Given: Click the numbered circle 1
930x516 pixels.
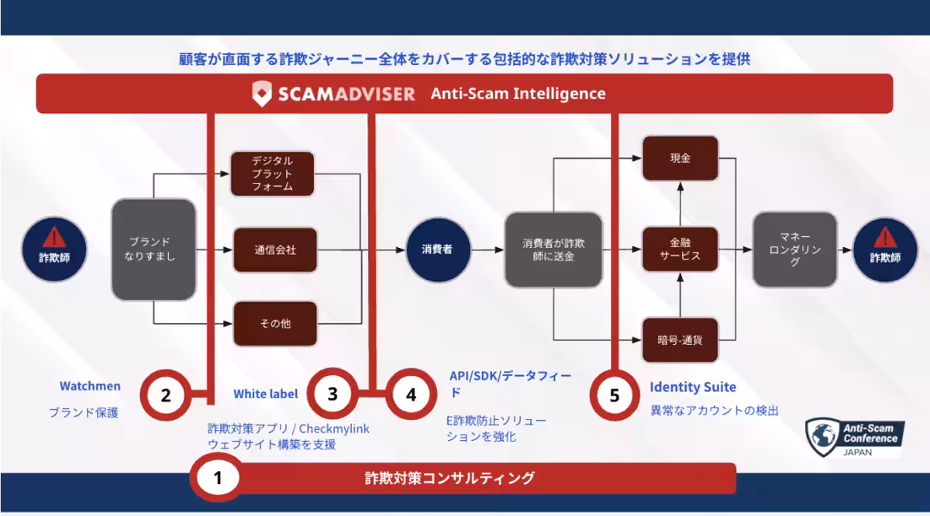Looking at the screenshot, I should pos(217,478).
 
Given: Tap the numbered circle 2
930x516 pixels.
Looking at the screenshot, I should pos(165,394).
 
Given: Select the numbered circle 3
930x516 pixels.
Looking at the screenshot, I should pos(332,394).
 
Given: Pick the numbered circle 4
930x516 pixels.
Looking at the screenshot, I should pos(411,394).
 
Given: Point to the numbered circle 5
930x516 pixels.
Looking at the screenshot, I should pos(615,395).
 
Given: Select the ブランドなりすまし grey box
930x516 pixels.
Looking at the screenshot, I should pos(153,249).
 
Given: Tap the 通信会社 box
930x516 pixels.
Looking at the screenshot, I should pos(275,250).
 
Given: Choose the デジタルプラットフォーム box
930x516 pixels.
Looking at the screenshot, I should pos(273,174).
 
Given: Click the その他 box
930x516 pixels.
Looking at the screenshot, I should pos(275,324).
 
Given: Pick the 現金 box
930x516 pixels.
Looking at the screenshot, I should pos(680,159).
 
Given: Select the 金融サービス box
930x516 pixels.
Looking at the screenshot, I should pos(680,249).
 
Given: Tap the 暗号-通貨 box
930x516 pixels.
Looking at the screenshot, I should pos(680,339).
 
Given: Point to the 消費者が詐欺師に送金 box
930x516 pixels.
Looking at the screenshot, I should pos(553,249).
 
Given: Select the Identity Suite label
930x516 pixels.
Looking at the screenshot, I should pos(693,387).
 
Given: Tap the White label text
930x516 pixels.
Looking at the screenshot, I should pos(266,394).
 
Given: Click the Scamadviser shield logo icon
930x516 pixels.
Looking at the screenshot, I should pos(263,94).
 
